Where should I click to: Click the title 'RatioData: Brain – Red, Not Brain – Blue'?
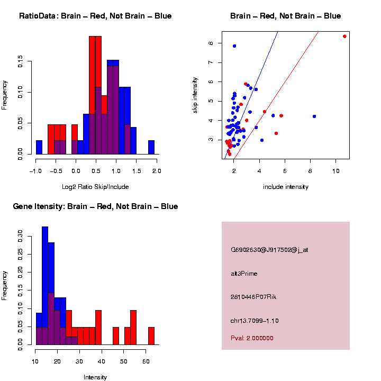click(x=95, y=16)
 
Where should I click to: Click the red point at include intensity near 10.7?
click(x=344, y=37)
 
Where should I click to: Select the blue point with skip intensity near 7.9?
click(x=234, y=46)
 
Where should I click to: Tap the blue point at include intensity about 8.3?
click(x=314, y=116)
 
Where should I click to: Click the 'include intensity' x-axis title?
click(x=285, y=187)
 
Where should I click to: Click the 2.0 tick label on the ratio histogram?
click(x=157, y=171)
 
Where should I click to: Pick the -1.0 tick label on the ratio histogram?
click(x=35, y=171)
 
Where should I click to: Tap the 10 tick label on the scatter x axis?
click(x=335, y=171)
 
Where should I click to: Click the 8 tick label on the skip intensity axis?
click(x=210, y=43)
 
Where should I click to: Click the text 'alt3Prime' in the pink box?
click(x=244, y=274)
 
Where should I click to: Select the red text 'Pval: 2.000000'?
click(x=256, y=338)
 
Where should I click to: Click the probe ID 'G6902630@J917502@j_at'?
click(x=269, y=250)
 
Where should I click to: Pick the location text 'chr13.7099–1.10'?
click(x=255, y=321)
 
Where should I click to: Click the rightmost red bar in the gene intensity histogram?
click(x=151, y=336)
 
